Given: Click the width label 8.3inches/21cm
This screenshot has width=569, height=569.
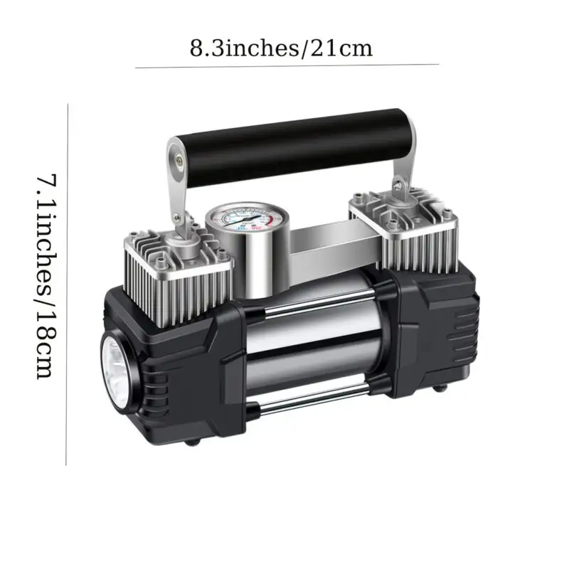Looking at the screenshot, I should click(x=282, y=48).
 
